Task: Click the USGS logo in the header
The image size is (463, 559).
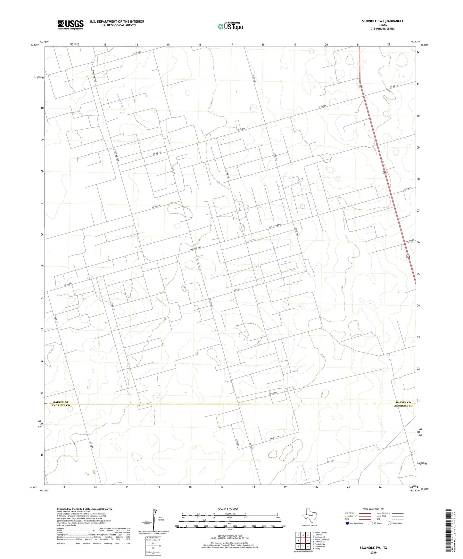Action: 70,25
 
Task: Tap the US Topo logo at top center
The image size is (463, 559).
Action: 230,26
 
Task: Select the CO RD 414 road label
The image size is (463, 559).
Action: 394,86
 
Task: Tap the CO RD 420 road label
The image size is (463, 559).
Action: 410,241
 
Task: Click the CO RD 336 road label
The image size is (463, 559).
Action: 272,393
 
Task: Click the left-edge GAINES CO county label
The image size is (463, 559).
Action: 61,402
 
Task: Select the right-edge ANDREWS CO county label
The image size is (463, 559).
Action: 403,406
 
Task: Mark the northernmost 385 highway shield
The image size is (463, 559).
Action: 360,87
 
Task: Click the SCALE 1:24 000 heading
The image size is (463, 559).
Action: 227,509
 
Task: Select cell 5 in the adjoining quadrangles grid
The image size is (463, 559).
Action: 308,541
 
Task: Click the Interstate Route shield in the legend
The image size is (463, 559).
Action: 347,523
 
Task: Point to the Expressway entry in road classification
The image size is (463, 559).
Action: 350,513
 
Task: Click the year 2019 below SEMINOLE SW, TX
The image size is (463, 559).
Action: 373,552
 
